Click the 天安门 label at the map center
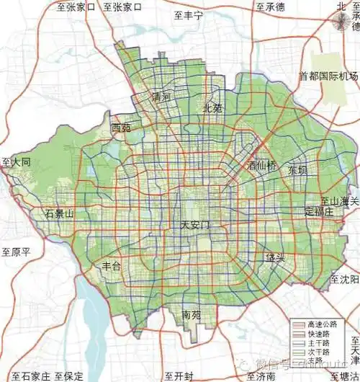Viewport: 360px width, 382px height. [196, 226]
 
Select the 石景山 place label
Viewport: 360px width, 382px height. [59, 214]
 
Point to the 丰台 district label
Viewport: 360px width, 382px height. [113, 266]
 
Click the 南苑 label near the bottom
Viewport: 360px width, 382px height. [192, 315]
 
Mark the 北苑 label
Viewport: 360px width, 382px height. [213, 109]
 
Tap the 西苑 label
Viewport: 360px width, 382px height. [122, 128]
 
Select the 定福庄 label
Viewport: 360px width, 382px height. [318, 212]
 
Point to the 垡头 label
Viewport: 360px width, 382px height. [274, 258]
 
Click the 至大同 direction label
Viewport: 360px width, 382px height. [16, 163]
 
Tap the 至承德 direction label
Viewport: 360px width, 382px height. [270, 7]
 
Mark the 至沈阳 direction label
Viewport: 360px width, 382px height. [343, 278]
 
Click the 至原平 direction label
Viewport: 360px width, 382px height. [15, 252]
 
